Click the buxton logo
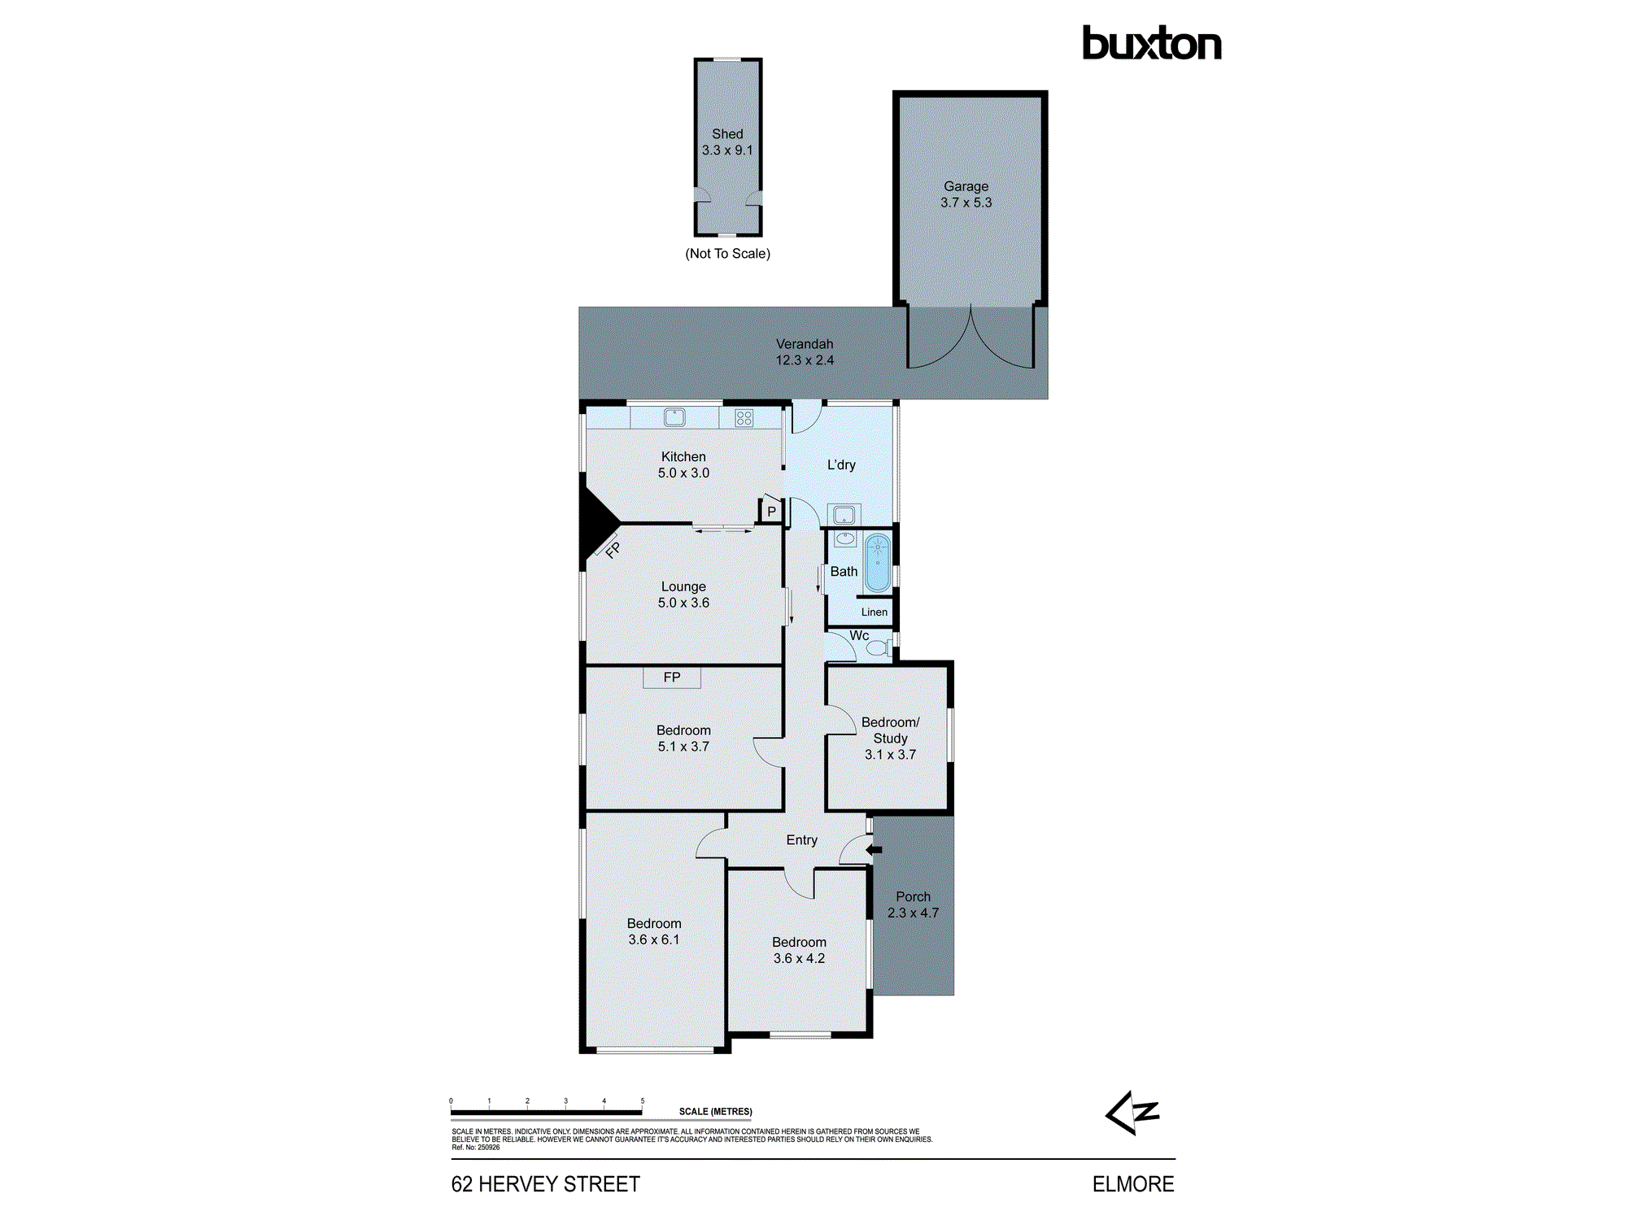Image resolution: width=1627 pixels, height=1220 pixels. pyautogui.click(x=1151, y=44)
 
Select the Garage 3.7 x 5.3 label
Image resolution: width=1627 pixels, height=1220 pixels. pyautogui.click(x=966, y=194)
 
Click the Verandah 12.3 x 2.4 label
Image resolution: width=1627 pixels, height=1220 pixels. pyautogui.click(x=805, y=352)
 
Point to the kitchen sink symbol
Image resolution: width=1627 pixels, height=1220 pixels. pyautogui.click(x=674, y=418)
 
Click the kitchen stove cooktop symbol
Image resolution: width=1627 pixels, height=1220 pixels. pyautogui.click(x=744, y=418)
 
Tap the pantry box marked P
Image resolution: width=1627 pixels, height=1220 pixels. pyautogui.click(x=771, y=512)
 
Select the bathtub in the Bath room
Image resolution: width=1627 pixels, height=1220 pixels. pyautogui.click(x=878, y=562)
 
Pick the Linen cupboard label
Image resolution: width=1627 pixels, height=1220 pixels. pyautogui.click(x=875, y=612)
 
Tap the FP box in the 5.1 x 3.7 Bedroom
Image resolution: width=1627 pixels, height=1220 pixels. pyautogui.click(x=672, y=677)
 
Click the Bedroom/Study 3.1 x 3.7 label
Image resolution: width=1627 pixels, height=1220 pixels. pyautogui.click(x=890, y=739)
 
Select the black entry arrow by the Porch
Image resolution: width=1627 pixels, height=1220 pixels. pyautogui.click(x=874, y=850)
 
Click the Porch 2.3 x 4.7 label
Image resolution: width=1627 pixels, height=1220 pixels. pyautogui.click(x=913, y=904)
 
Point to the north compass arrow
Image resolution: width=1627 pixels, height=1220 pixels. pyautogui.click(x=1132, y=1113)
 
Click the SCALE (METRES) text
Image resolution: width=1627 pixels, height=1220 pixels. pyautogui.click(x=715, y=1111)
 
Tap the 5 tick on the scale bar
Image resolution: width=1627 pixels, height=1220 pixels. pyautogui.click(x=642, y=1101)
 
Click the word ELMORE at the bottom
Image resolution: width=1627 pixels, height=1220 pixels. pyautogui.click(x=1132, y=1184)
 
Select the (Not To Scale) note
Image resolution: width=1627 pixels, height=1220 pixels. pyautogui.click(x=727, y=254)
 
